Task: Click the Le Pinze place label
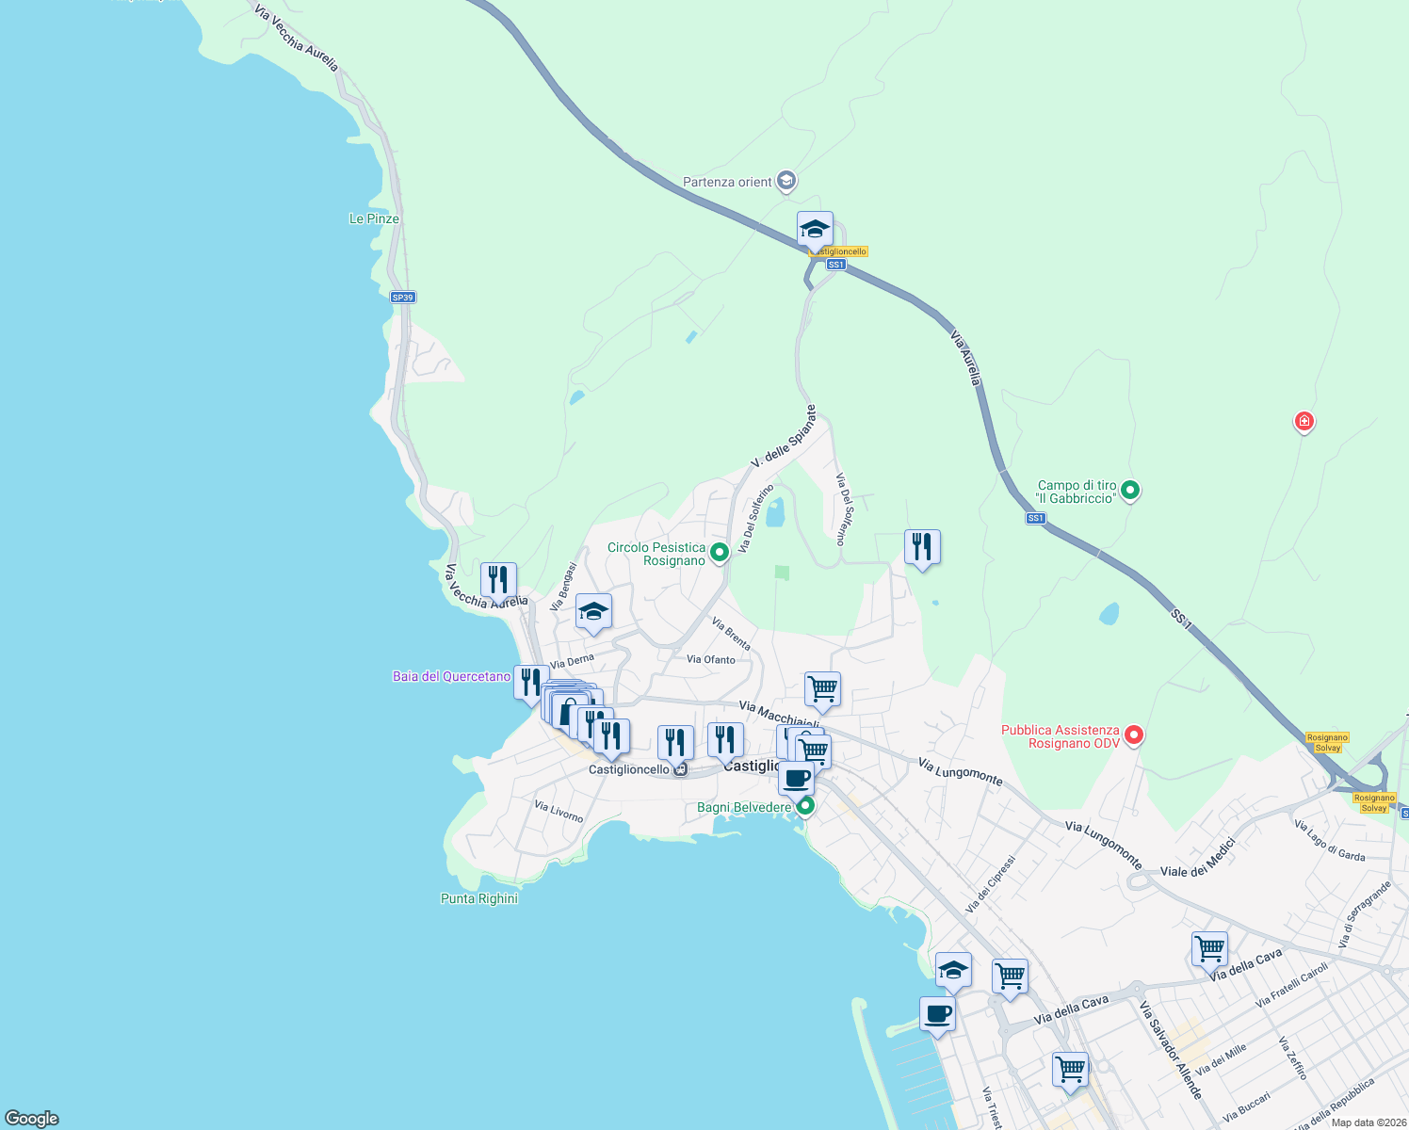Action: coord(374,218)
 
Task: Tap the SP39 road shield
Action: coord(402,298)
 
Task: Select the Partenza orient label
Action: coord(727,182)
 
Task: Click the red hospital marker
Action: coord(1304,421)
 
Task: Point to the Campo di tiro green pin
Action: coord(1130,490)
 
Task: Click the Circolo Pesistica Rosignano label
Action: coord(656,554)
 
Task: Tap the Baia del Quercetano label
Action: coord(451,676)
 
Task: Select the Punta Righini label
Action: coord(479,898)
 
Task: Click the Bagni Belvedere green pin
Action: coord(804,806)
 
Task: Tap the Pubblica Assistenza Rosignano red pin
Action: coord(1134,734)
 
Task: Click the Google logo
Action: coord(32,1118)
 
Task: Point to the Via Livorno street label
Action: coord(559,811)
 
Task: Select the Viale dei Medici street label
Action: coord(1197,858)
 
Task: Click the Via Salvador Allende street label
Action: coord(1171,1050)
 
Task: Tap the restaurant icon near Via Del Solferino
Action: coord(922,546)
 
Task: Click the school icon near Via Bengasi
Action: coord(593,611)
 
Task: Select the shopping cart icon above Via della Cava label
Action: coord(1209,947)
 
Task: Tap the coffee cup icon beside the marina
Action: coord(937,1014)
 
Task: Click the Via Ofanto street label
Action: coord(711,659)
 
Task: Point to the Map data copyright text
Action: coord(1366,1122)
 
